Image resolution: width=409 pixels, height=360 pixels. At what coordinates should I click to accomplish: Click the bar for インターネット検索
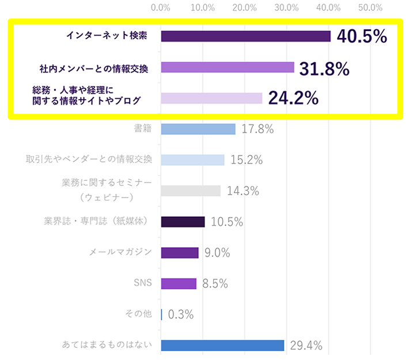(x=245, y=36)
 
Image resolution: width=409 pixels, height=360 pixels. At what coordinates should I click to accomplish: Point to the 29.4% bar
(x=222, y=345)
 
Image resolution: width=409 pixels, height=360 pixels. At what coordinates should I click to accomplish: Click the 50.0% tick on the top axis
(x=370, y=8)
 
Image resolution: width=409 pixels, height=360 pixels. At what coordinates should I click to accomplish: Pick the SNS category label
(x=142, y=283)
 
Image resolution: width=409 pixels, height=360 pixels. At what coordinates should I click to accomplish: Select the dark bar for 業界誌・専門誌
(x=183, y=222)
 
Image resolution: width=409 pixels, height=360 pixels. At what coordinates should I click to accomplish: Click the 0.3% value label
(x=180, y=314)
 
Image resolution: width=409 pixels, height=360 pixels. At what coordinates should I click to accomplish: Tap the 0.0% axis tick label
(x=160, y=8)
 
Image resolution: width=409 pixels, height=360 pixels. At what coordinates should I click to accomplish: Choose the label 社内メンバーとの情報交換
(x=94, y=69)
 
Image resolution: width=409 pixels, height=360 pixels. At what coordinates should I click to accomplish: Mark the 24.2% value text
(x=293, y=98)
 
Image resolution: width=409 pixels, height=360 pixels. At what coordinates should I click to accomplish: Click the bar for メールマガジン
(x=180, y=253)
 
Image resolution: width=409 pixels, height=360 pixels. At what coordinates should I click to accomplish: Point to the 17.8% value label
(x=257, y=129)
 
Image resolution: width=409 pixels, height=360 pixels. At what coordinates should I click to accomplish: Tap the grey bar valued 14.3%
(x=191, y=191)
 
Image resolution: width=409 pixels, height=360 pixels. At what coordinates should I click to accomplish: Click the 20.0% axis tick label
(x=244, y=8)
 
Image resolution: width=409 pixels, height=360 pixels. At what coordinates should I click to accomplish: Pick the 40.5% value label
(x=361, y=37)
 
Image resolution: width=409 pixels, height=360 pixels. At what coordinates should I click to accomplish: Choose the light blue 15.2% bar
(x=192, y=160)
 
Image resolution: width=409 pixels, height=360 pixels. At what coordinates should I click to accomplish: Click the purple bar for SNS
(x=179, y=283)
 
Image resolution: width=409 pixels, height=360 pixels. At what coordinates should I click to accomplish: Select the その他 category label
(x=138, y=314)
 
